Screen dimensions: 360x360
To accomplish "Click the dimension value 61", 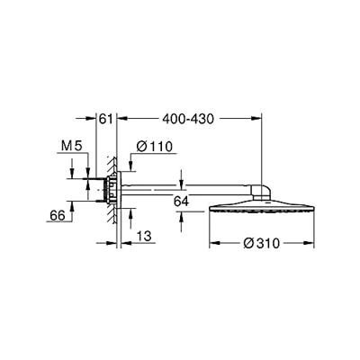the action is [x=106, y=119].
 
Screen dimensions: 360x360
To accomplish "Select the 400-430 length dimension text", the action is [x=188, y=119].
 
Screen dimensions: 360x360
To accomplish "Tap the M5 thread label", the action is [x=71, y=146].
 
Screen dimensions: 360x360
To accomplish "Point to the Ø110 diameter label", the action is [x=155, y=147].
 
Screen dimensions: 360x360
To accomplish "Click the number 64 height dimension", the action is [x=181, y=202].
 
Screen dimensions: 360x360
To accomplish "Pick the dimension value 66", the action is [x=58, y=215].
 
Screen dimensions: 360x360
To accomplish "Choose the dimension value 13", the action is [x=144, y=236].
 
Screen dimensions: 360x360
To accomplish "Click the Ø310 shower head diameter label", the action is [x=261, y=243].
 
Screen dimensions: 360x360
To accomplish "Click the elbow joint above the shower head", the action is [x=262, y=193].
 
